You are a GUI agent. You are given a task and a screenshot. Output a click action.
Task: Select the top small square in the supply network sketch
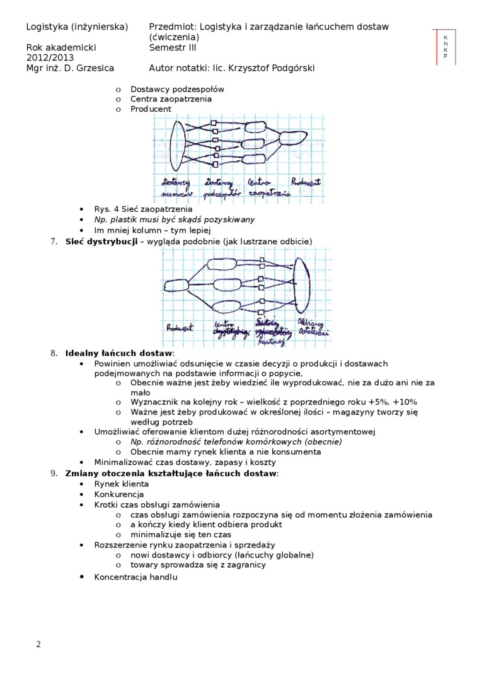tap(214, 122)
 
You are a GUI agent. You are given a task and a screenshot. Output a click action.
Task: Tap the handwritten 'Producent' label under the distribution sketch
tap(180, 327)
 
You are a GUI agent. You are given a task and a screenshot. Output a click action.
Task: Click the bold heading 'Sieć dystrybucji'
tap(101, 242)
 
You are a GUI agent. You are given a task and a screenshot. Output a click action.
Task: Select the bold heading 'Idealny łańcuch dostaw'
tap(118, 353)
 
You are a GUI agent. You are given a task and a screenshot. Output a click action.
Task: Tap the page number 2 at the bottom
tap(38, 644)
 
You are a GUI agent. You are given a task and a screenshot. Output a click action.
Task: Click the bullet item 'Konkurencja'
tap(118, 494)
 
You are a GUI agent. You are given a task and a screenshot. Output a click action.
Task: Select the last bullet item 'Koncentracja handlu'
tap(136, 577)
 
